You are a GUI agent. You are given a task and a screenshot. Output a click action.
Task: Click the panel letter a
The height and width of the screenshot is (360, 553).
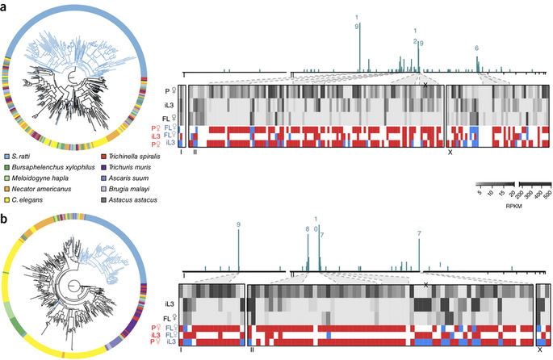(x=5, y=6)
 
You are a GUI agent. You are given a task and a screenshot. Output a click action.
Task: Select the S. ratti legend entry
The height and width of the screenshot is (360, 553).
(x=25, y=155)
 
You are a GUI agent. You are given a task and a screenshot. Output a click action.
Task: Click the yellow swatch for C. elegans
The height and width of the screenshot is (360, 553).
(x=6, y=200)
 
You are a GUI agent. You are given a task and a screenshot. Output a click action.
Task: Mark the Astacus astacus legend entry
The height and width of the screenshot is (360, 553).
(x=128, y=200)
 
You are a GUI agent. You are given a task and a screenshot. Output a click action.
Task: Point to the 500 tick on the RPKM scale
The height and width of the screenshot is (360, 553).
(x=547, y=195)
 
